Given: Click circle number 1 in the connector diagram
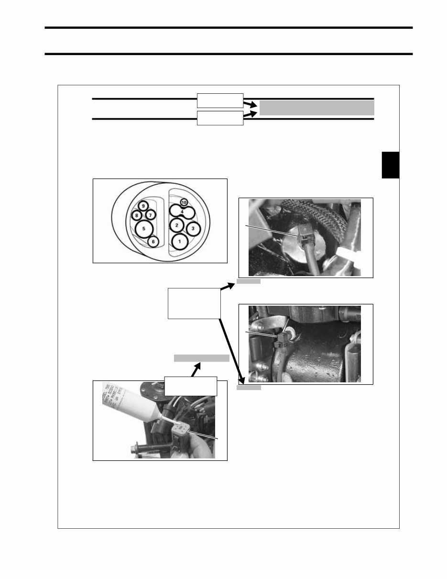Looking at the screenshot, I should click(x=179, y=241).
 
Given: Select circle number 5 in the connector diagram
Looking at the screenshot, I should click(x=143, y=229).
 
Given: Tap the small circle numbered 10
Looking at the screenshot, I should click(x=184, y=203).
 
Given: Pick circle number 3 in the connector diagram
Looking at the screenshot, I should click(x=193, y=229).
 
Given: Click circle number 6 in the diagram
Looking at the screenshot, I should click(x=153, y=242).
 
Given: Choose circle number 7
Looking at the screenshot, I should click(x=150, y=215).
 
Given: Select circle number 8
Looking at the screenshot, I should click(x=137, y=215).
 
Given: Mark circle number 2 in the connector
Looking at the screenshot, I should click(x=176, y=224).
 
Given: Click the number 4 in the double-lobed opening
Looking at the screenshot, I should click(x=182, y=212).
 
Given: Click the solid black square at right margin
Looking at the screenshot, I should click(x=390, y=165).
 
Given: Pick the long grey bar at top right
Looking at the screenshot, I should click(x=316, y=108).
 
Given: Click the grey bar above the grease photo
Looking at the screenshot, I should click(x=201, y=358).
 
